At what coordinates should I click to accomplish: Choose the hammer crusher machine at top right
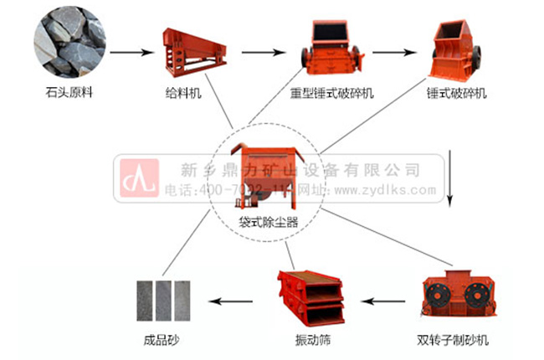455,47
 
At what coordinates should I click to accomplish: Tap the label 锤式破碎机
455,92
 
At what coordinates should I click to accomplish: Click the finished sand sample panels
164,300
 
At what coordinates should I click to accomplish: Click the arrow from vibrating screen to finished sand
234,300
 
